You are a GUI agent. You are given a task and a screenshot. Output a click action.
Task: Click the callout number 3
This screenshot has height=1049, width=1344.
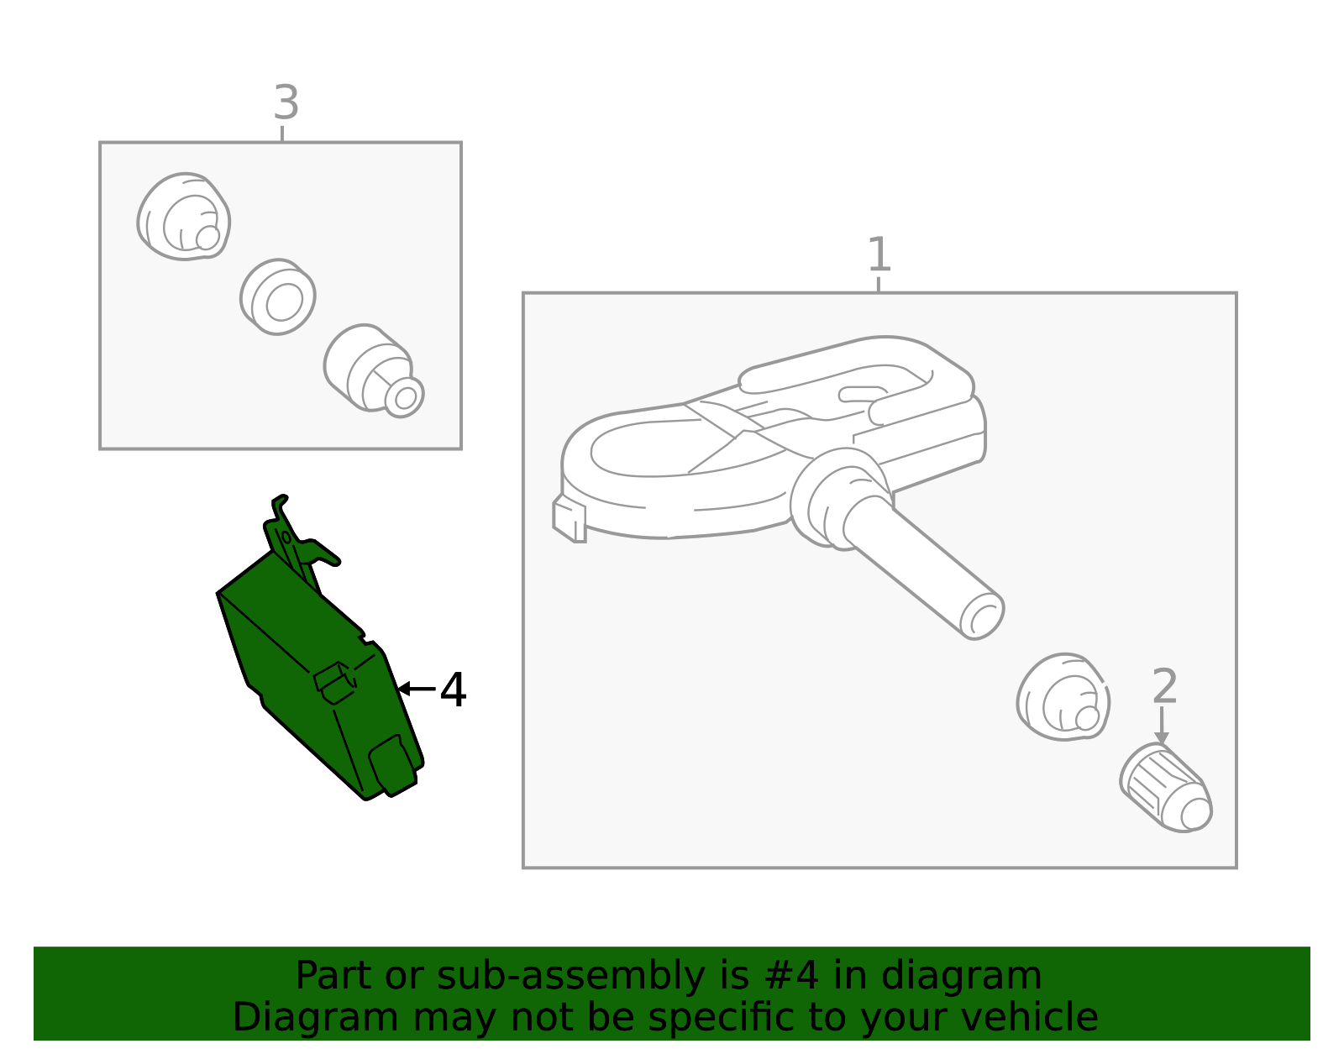point(286,102)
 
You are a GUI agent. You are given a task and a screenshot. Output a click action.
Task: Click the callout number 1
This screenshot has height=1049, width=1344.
point(879,254)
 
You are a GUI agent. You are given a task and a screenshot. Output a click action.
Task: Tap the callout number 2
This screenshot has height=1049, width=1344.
point(1164,686)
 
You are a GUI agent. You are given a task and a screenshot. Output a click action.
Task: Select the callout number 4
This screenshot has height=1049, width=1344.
point(453,690)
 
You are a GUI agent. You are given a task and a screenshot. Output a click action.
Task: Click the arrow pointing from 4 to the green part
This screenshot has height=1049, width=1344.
point(417,689)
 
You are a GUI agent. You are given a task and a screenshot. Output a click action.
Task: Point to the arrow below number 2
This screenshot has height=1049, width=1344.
point(1163,726)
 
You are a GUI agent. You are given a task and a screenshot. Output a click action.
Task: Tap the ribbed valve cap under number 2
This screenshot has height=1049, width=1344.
point(1166,788)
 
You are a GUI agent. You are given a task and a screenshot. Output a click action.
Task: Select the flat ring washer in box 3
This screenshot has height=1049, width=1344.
point(278,296)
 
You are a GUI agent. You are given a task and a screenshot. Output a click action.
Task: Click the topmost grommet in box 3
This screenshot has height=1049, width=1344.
point(184,217)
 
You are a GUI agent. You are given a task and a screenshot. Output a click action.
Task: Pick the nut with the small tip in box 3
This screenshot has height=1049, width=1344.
point(373,370)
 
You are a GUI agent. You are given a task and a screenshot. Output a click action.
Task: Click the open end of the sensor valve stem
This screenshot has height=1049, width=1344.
point(982,616)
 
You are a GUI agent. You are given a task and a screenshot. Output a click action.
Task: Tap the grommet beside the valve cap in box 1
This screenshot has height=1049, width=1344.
point(1063,696)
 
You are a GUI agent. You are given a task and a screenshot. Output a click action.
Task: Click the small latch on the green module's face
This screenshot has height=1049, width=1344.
point(334,683)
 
